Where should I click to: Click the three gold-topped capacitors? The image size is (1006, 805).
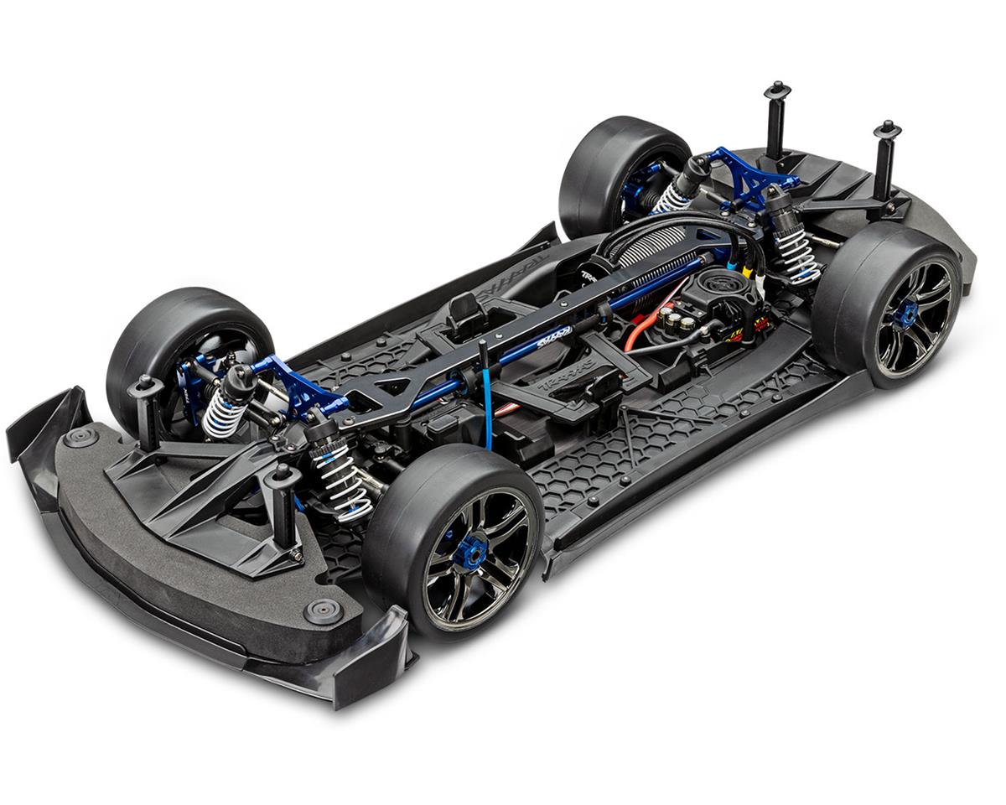coord(680,319)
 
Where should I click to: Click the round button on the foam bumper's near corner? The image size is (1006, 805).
coord(323,610)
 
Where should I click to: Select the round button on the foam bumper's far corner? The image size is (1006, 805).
coord(81,437)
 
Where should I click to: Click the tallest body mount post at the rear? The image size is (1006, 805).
coord(776,122)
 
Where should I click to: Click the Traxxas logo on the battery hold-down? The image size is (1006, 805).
coord(578,368)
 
